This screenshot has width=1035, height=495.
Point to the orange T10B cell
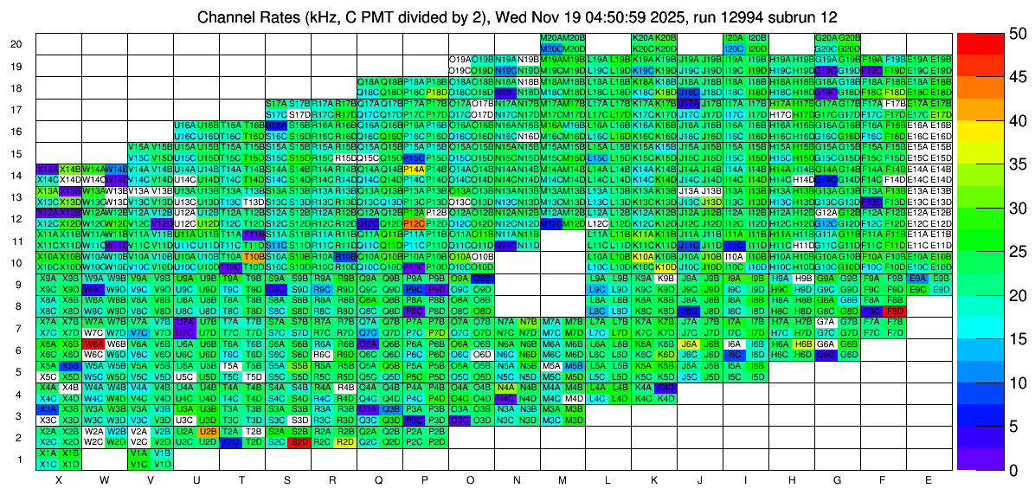coord(254,256)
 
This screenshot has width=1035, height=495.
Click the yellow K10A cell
coord(642,256)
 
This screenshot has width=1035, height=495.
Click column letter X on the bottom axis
coord(59,479)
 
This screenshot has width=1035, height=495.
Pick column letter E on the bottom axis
coord(928,479)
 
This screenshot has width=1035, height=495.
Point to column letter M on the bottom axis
coord(562,479)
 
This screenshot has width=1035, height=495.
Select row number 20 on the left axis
coord(16,44)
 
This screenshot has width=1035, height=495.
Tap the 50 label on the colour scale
coord(1018,33)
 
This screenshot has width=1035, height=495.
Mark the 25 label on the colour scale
coord(1018,251)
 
